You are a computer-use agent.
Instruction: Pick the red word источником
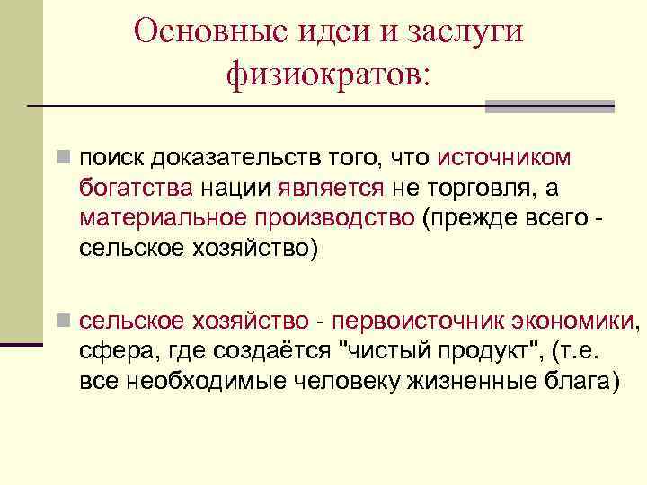pos(504,158)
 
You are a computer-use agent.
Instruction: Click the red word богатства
pos(136,189)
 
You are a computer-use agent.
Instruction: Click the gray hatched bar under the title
pos(549,106)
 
